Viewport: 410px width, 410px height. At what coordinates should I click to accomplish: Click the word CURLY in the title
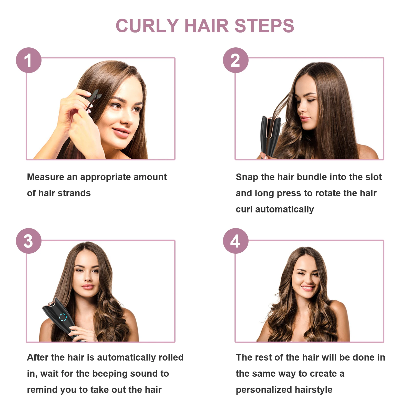(x=147, y=26)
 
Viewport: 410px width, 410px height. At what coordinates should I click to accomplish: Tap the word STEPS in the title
(x=264, y=26)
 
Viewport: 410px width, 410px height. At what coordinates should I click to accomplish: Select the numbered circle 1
(x=29, y=60)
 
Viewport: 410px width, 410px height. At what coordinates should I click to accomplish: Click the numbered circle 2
(x=235, y=60)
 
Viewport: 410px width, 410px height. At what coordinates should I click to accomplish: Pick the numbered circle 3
(x=29, y=241)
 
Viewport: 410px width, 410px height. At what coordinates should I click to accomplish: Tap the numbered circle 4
(x=235, y=241)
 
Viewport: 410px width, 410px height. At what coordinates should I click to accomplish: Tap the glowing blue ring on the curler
(x=63, y=317)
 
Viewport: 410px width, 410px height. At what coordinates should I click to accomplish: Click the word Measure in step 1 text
(x=45, y=177)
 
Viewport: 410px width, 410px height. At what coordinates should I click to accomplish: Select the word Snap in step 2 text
(x=247, y=177)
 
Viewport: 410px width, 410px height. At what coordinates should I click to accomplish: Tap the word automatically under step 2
(x=284, y=209)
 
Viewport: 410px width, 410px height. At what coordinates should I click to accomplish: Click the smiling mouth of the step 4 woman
(x=307, y=288)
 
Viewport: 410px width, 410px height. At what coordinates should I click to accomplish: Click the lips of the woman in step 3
(x=88, y=286)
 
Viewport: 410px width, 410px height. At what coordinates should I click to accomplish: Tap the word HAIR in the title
(x=207, y=26)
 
